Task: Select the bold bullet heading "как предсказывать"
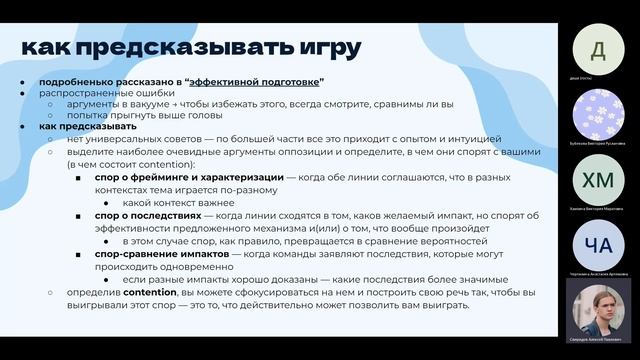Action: pos(88,127)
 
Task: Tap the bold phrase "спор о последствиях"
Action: pos(148,215)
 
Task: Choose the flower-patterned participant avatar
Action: pos(598,114)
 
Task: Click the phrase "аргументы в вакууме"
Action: pos(110,104)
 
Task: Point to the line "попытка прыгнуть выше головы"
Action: pos(132,116)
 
